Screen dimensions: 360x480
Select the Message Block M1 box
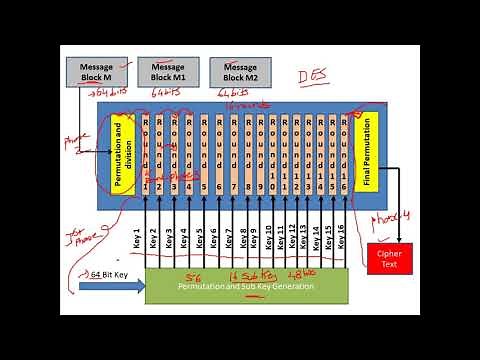[x=168, y=72]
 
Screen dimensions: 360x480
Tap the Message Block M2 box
[x=239, y=72]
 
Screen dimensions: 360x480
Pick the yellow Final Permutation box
[x=365, y=152]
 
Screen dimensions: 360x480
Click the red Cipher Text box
[x=388, y=257]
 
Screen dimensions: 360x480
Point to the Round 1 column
[x=146, y=152]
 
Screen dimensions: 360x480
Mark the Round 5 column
[x=203, y=152]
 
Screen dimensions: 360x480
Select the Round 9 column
[x=260, y=152]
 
